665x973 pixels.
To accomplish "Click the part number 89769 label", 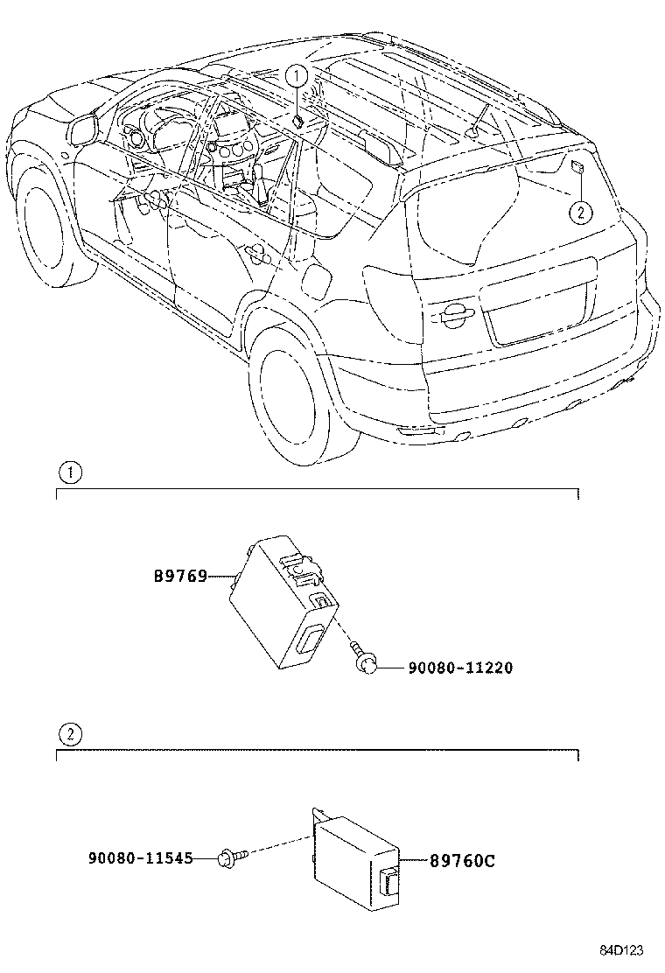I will pyautogui.click(x=179, y=576).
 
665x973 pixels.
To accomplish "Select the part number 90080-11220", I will pyautogui.click(x=459, y=668).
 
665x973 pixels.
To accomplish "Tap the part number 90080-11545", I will pyautogui.click(x=139, y=859).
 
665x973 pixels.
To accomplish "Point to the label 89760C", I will pyautogui.click(x=462, y=861).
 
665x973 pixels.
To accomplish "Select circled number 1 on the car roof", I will pyautogui.click(x=297, y=76).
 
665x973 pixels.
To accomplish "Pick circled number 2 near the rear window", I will pyautogui.click(x=577, y=211).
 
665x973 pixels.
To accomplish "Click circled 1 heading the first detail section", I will pyautogui.click(x=70, y=473).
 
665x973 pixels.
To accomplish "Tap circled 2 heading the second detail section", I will pyautogui.click(x=70, y=733).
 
